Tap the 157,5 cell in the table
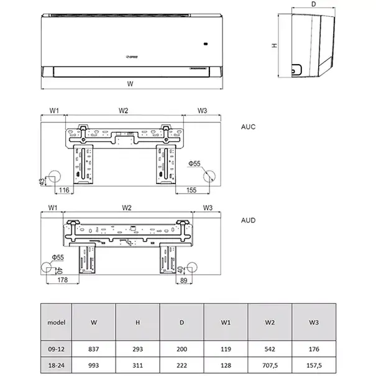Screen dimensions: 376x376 tap(314, 364)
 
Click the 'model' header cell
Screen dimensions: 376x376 tap(57, 323)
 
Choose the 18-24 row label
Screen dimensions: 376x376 tap(57, 364)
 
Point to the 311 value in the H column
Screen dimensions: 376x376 tap(138, 364)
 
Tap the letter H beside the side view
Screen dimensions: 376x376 tap(273, 46)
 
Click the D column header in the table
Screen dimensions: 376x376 tap(182, 323)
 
